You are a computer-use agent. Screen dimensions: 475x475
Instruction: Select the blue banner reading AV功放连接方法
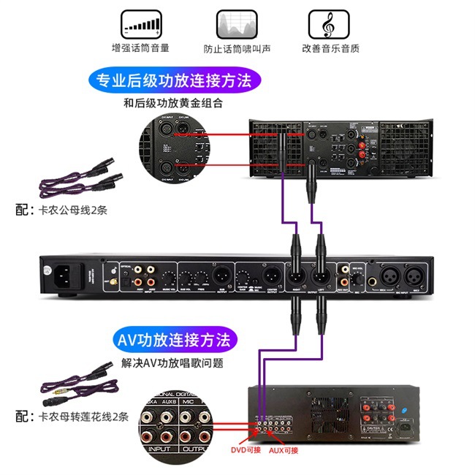point(173,340)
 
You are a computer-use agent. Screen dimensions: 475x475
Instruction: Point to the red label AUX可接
point(284,450)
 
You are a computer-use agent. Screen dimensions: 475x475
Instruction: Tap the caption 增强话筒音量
point(140,48)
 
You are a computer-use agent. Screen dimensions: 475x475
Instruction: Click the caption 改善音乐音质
point(330,48)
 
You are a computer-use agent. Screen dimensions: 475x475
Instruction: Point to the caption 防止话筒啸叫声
point(235,48)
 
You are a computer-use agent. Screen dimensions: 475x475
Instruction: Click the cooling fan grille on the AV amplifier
point(330,415)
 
